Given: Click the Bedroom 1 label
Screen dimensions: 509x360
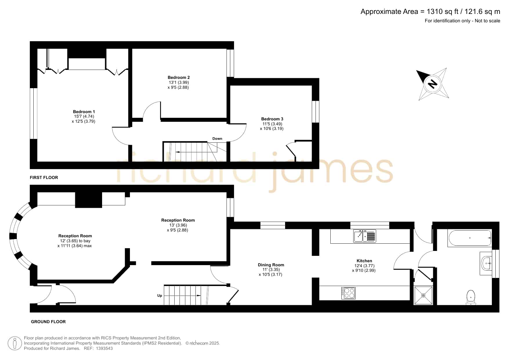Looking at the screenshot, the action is click(84, 112).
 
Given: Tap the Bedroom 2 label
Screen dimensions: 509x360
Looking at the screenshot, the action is click(179, 77).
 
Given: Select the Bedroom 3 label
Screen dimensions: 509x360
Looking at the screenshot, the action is click(272, 119).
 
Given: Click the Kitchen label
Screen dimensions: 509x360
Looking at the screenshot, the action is click(364, 261).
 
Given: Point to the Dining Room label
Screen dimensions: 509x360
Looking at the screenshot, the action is click(271, 265).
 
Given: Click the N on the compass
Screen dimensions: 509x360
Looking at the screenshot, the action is click(433, 84).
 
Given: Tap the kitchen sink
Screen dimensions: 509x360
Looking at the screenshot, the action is click(365, 236).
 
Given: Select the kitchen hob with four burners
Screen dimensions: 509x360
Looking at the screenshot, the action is click(348, 293).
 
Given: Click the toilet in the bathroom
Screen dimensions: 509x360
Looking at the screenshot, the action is click(471, 298).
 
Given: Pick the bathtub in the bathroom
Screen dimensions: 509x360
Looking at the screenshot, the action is click(470, 238).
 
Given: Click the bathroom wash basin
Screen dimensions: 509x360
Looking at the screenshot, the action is click(486, 263).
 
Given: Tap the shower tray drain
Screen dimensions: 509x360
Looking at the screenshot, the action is click(423, 296).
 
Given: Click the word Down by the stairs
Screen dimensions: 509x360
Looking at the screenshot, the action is click(217, 139).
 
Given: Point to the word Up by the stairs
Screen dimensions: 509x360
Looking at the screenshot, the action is click(160, 296).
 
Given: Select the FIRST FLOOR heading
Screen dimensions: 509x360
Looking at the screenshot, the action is click(44, 178).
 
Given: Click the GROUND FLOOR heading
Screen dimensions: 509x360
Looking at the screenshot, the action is click(48, 322).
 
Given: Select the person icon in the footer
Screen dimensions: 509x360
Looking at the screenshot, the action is click(15, 343).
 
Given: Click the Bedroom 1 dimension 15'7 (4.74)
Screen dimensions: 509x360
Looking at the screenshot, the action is click(84, 117).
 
